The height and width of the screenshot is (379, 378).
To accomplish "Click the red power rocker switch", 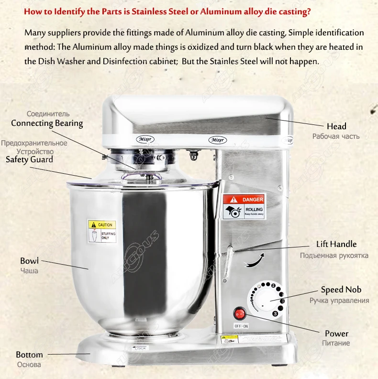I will (239, 314).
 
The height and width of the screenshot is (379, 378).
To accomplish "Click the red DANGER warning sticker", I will (244, 207).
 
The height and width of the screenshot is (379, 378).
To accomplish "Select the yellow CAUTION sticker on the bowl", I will (102, 231).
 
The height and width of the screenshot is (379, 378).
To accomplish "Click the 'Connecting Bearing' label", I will (47, 123).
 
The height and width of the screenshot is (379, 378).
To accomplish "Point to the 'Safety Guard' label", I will (29, 159).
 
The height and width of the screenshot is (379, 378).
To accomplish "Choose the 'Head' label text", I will (336, 126).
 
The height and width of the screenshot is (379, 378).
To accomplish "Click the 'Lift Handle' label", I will (336, 244).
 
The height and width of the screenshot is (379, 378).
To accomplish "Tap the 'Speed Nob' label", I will (341, 290).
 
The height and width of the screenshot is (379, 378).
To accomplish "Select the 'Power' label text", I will (336, 334).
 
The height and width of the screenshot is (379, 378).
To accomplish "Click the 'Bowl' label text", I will (29, 261).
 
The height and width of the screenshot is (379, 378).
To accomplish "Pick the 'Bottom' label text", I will (29, 355).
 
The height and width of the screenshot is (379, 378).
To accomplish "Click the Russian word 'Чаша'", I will (29, 271).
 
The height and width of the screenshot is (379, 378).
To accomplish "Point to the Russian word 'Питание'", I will (336, 343).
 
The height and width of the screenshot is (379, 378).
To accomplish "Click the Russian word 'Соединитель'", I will (48, 114).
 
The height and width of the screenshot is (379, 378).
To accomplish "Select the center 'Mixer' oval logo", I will (218, 140).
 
